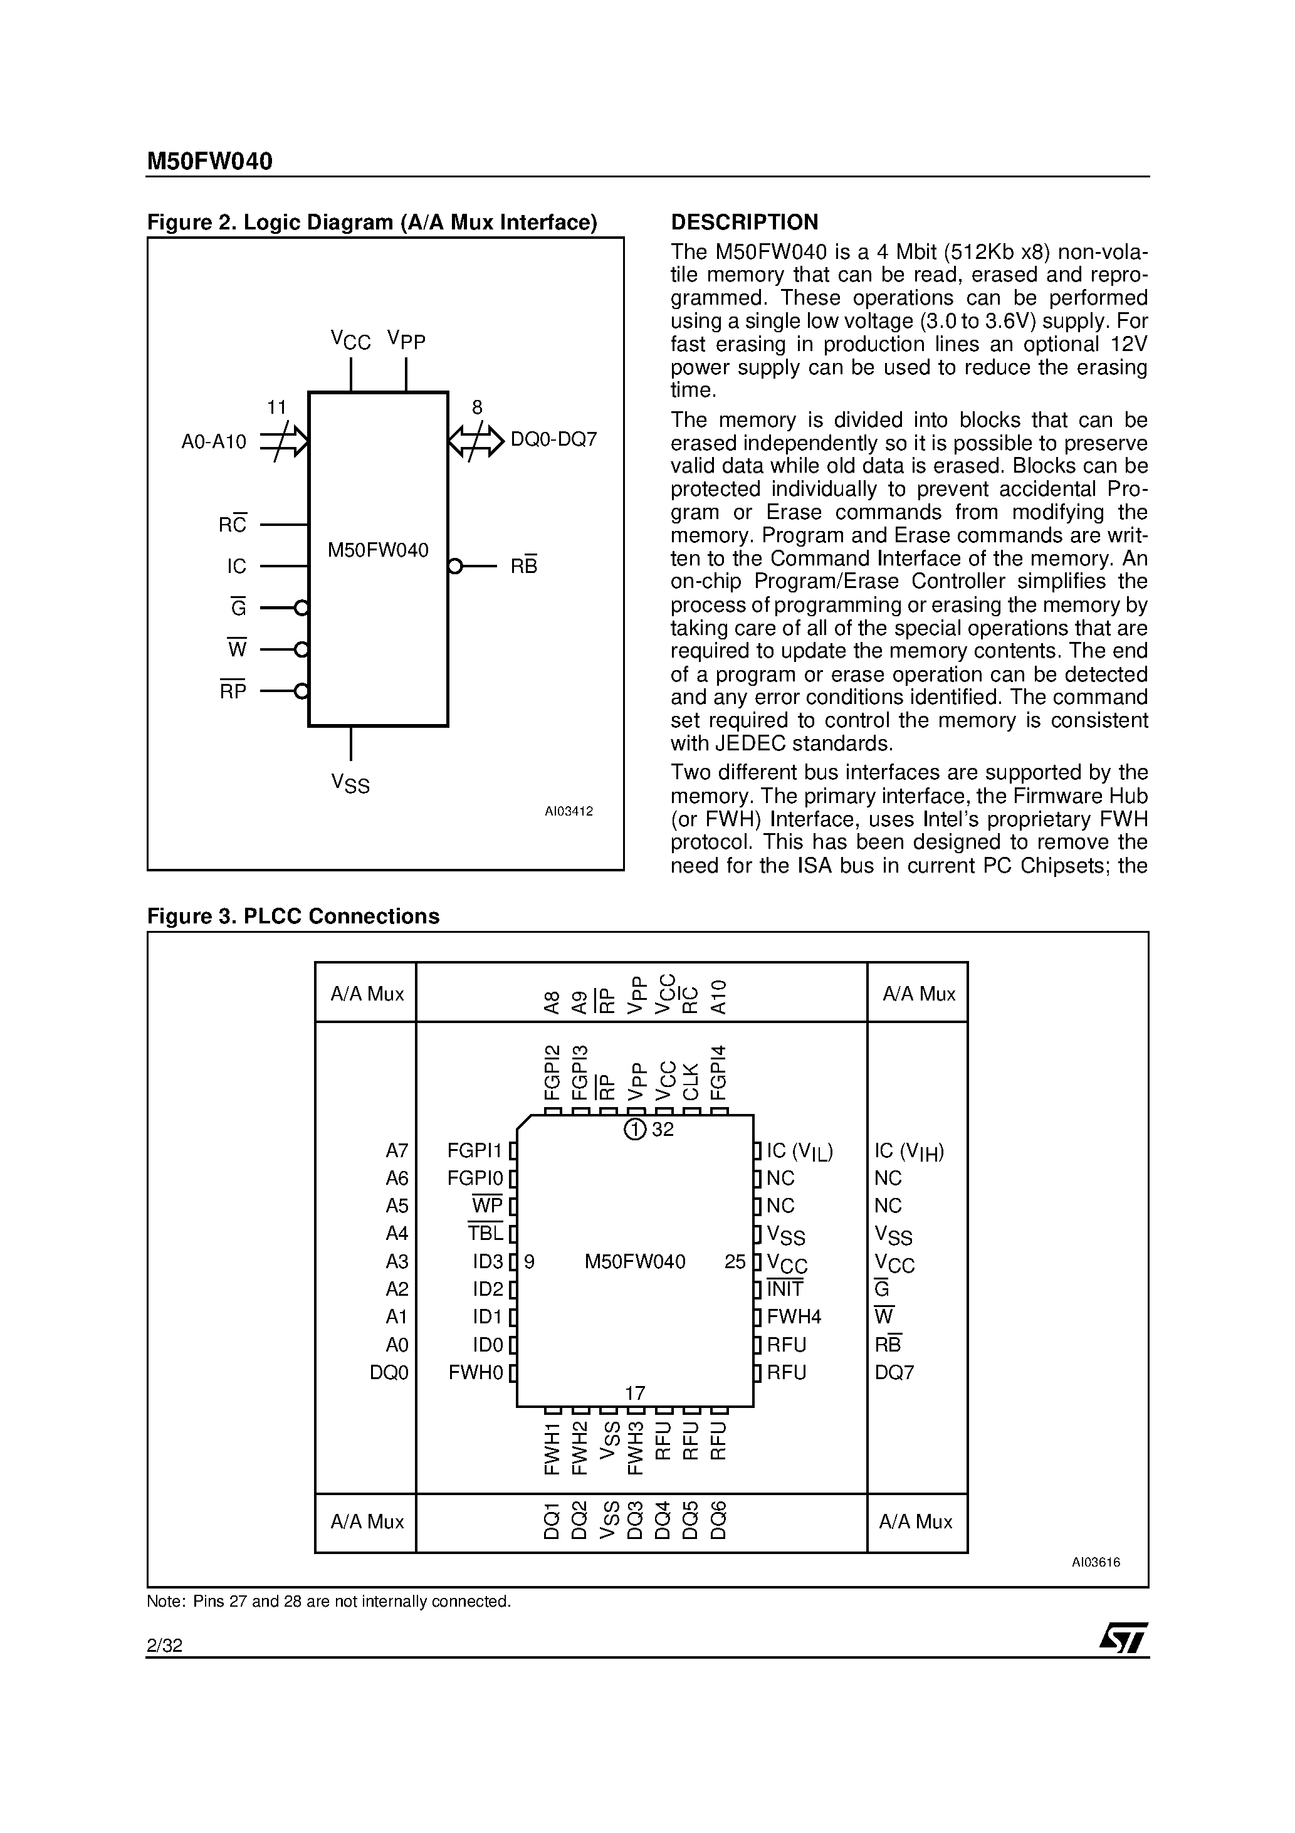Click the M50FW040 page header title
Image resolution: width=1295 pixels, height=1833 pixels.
(209, 162)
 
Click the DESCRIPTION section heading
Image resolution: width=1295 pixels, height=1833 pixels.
(744, 222)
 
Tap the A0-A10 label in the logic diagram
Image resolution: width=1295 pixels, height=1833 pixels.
(213, 441)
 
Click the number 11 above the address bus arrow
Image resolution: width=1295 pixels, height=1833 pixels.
(276, 408)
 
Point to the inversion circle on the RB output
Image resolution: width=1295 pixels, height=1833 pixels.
(455, 567)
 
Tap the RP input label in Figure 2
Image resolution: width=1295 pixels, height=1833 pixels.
(233, 691)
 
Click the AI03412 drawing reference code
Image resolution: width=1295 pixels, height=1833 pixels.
(569, 812)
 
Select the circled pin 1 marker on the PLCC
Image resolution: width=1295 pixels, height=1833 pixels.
(635, 1130)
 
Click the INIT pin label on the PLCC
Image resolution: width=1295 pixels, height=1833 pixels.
(785, 1288)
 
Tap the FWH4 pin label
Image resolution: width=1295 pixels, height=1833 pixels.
(794, 1316)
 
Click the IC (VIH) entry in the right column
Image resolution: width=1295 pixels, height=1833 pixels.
(909, 1151)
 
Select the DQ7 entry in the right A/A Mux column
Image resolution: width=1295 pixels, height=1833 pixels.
(894, 1372)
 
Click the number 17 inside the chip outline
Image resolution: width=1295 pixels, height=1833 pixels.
(635, 1393)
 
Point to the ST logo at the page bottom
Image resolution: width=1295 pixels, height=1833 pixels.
(1123, 1638)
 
